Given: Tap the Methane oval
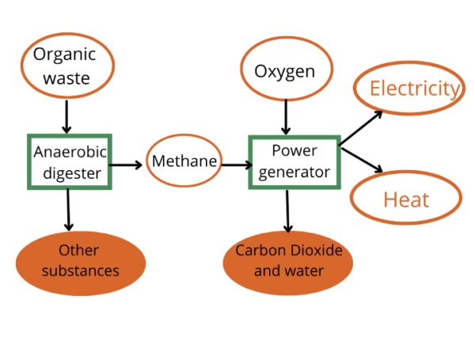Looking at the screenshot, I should point(184,162).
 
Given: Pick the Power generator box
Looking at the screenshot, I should point(294,161).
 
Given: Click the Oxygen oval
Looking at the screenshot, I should point(284,72).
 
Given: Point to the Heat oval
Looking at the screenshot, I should point(405,198).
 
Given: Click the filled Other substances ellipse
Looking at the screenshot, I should point(81,260).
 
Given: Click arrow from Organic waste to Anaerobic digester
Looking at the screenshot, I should point(67,117).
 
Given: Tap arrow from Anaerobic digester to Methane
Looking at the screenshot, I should point(127,165).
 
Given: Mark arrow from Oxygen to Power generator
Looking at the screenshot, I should point(286,118).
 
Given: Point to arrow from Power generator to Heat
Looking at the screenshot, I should point(362,158).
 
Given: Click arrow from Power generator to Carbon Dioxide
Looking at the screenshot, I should point(287,209).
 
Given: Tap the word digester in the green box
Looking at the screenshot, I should point(70,172).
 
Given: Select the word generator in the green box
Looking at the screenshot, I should point(294,172).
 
